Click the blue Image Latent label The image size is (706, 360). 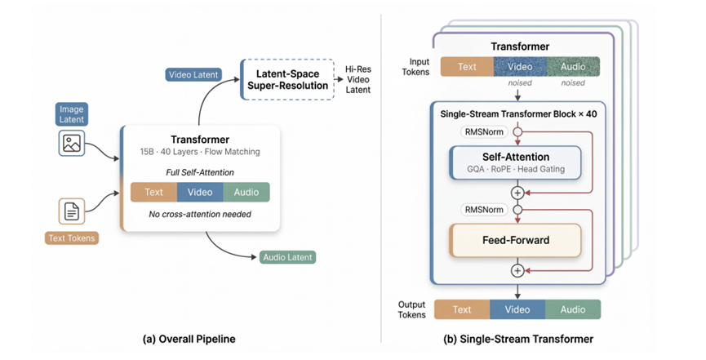tap(72, 114)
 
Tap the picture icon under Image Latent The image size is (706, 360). tap(72, 144)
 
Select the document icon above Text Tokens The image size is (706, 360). tap(72, 211)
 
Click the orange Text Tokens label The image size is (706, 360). tap(72, 238)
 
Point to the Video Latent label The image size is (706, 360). tap(193, 75)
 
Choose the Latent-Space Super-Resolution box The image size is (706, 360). tap(288, 79)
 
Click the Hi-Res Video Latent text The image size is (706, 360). tap(358, 79)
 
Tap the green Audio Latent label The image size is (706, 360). tap(288, 257)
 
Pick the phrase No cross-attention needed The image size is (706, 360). tap(200, 214)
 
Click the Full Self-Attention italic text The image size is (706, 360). tap(200, 172)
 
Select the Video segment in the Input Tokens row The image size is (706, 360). tap(520, 67)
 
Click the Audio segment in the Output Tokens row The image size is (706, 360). tap(573, 309)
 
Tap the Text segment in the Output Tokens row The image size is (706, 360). tap(462, 309)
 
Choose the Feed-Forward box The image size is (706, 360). tap(516, 240)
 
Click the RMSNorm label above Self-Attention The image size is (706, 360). tap(484, 132)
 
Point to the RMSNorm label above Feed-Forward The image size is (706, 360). tap(484, 210)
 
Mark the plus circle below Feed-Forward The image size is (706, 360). tap(517, 271)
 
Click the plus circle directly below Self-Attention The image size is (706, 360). tap(517, 193)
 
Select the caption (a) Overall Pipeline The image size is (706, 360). tap(189, 339)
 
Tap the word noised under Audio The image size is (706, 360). tap(573, 83)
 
